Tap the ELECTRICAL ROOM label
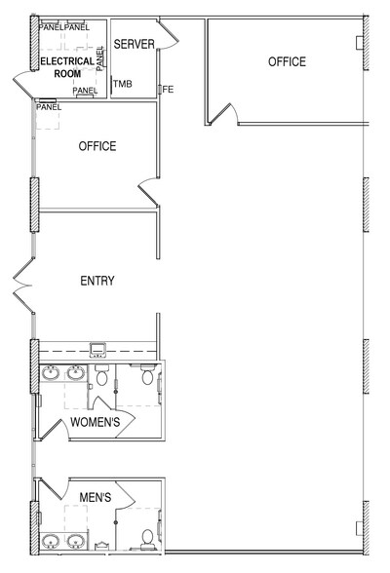(x=66, y=67)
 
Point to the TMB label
(x=122, y=85)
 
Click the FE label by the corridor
(x=167, y=90)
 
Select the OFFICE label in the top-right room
(x=287, y=62)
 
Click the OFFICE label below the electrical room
(x=97, y=147)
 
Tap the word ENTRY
(x=97, y=282)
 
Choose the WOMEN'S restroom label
(x=96, y=422)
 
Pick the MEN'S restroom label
(x=94, y=498)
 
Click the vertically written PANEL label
(x=99, y=57)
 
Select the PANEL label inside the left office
(x=48, y=107)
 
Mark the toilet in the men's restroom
(x=147, y=536)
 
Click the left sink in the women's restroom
(x=50, y=372)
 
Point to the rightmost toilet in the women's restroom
(x=147, y=375)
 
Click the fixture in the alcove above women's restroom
(x=97, y=349)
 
